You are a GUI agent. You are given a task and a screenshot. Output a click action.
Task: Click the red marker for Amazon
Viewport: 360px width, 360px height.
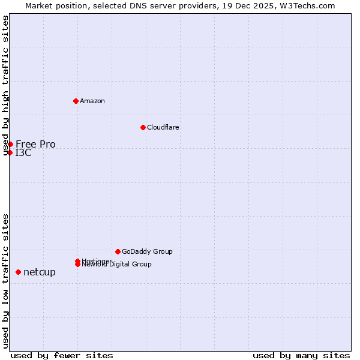76,101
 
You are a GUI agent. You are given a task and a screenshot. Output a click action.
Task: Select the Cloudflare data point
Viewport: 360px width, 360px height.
143,127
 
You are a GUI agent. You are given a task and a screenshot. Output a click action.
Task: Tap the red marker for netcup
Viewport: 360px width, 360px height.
18,272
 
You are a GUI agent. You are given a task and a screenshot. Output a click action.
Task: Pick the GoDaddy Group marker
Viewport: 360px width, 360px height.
118,251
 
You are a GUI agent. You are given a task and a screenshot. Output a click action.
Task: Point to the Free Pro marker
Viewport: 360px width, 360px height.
10,144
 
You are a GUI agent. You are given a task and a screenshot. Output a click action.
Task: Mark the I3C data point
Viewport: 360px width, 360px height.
10,152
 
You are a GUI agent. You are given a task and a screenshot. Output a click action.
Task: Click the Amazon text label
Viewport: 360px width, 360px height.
92,101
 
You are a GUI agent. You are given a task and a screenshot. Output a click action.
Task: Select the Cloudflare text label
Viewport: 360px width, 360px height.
163,127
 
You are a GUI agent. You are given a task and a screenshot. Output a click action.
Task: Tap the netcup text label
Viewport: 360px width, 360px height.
40,272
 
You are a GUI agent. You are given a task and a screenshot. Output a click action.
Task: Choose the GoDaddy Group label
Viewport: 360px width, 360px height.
147,251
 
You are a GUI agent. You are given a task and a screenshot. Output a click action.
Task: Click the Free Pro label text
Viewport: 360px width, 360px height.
35,144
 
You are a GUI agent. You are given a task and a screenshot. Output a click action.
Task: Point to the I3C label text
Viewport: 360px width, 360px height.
23,152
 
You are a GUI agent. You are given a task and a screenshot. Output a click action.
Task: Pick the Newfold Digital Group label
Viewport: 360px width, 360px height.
117,264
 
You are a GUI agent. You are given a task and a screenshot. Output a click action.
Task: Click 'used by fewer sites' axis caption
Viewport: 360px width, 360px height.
62,355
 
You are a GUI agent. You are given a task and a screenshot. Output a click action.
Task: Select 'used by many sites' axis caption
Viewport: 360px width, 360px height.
301,355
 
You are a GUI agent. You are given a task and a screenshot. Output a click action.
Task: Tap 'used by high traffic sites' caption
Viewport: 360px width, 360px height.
6,85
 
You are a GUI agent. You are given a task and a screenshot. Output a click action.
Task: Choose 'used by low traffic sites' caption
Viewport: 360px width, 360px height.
6,281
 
